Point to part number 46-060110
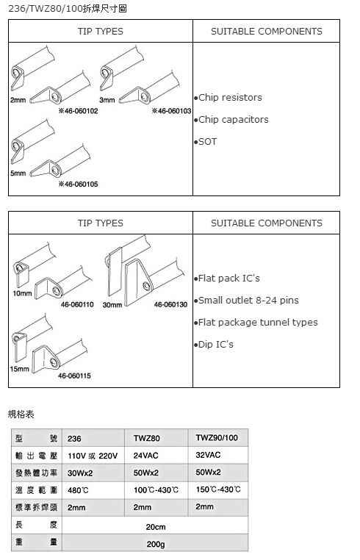coord(77,305)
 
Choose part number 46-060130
coord(170,305)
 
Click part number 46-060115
coord(74,376)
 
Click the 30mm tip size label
coord(112,305)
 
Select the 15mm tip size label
coord(19,369)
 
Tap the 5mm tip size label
coord(18,173)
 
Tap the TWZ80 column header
coord(147,438)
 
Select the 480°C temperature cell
coord(78,490)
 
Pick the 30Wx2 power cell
coord(80,473)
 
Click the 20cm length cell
coord(156,527)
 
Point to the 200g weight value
coord(156,545)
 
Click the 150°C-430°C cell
coord(218,489)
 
